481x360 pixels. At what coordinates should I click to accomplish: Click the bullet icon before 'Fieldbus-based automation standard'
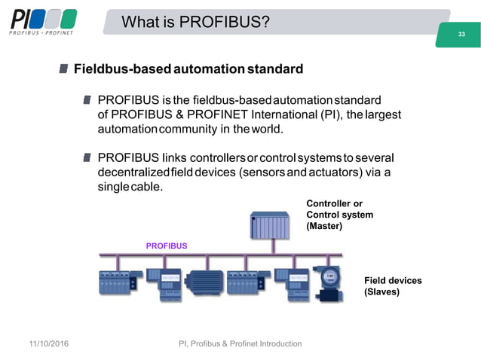pyautogui.click(x=64, y=69)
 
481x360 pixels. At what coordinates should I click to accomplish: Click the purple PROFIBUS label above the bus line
pyautogui.click(x=167, y=246)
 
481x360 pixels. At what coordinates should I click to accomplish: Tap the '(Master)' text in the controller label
pyautogui.click(x=324, y=226)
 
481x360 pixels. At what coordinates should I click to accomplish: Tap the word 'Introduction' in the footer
pyautogui.click(x=275, y=343)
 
